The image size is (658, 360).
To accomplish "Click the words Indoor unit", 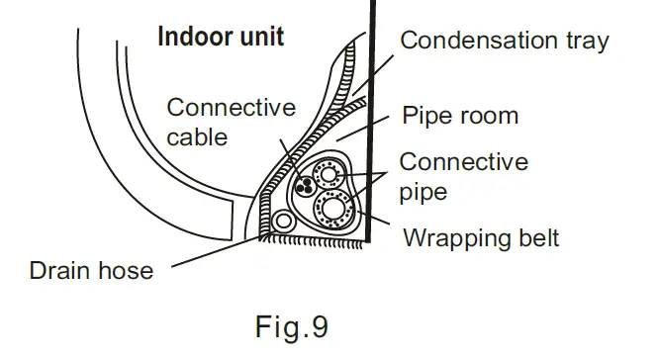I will [x=222, y=38].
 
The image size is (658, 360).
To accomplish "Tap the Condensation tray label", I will [x=504, y=41].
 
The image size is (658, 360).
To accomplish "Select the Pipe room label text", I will [x=461, y=116].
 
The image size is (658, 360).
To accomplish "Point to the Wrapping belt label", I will [x=481, y=238].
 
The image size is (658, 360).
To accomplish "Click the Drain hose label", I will [x=92, y=270].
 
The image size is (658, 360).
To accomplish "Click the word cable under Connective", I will [x=197, y=137].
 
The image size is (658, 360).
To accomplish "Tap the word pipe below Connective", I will [x=423, y=191].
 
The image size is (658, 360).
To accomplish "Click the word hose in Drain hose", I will [x=128, y=270].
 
